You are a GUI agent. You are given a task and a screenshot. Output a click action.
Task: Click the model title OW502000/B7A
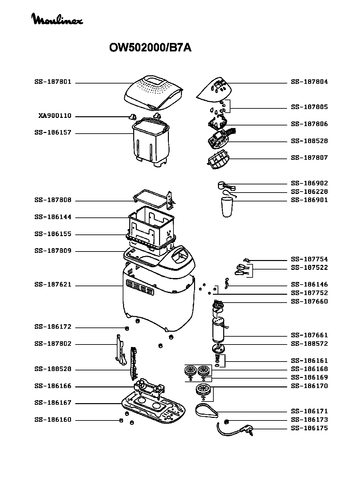150,48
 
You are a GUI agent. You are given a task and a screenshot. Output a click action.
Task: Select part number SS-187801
53,82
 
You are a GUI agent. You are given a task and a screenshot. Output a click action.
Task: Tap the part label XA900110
55,116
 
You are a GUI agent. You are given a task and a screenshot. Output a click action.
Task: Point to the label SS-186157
53,133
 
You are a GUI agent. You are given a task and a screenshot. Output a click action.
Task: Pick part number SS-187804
309,82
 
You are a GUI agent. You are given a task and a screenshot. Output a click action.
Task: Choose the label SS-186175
309,428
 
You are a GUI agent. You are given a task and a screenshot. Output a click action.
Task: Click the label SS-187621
53,285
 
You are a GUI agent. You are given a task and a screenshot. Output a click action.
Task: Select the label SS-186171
309,411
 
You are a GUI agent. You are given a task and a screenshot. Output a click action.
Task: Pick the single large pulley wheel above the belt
203,390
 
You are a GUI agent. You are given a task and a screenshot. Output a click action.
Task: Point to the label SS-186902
309,183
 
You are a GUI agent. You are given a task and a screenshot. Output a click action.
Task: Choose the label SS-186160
53,420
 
